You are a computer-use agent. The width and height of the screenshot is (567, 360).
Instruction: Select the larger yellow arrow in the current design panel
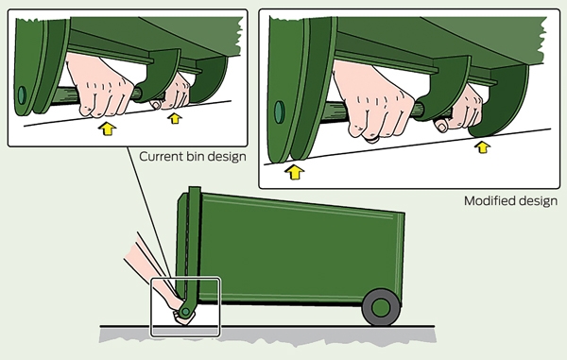[107, 129]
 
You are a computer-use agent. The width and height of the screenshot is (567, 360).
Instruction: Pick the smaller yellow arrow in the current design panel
[175, 118]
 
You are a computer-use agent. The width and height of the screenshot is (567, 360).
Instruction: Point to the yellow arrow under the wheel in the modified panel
[295, 172]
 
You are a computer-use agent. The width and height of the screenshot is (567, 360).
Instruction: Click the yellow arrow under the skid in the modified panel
[482, 147]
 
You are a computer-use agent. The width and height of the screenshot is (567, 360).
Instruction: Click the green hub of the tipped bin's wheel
[381, 308]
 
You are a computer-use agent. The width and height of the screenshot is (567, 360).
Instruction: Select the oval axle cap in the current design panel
[22, 95]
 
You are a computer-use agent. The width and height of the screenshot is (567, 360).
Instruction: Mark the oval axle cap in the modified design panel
[280, 111]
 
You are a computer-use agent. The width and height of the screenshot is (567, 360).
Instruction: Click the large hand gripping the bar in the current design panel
[99, 86]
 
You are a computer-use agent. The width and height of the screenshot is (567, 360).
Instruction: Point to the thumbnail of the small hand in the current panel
[156, 105]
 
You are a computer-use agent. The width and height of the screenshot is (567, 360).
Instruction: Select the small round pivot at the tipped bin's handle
[186, 311]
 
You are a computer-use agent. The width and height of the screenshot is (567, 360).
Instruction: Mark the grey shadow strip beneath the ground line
[267, 335]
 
